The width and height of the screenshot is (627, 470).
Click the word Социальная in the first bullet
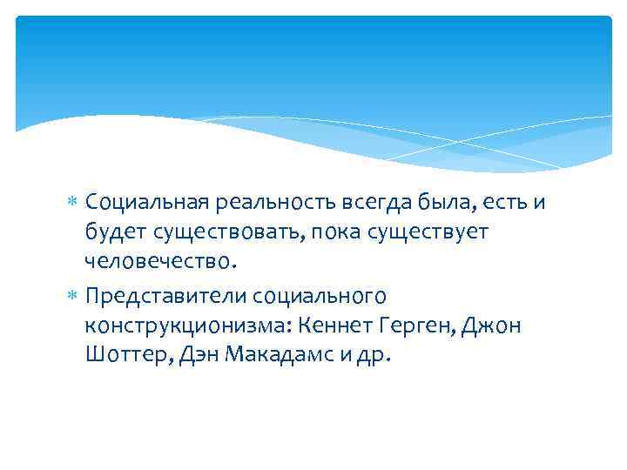pyautogui.click(x=145, y=203)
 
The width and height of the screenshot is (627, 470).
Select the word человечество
pyautogui.click(x=158, y=260)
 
